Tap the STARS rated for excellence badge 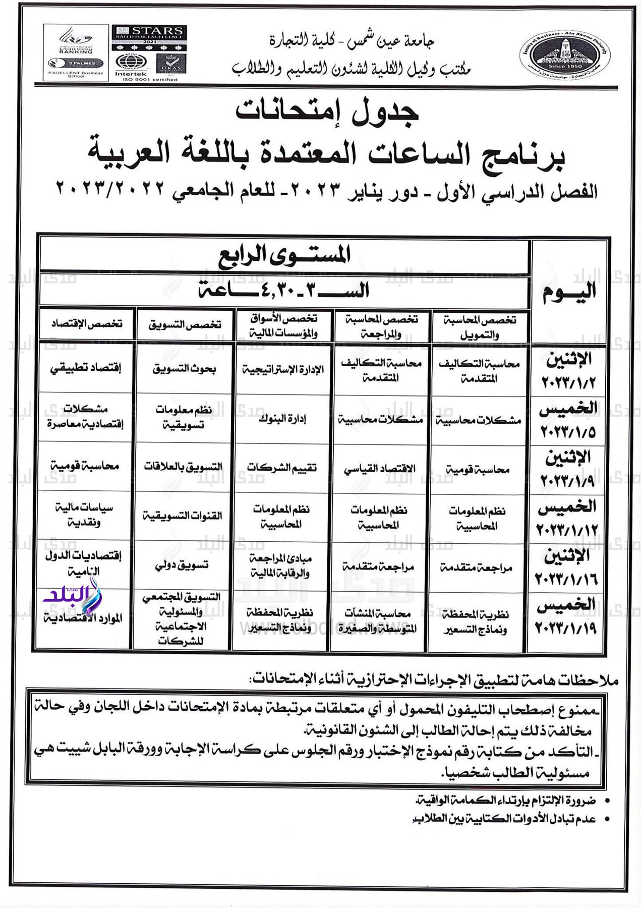tap(149, 37)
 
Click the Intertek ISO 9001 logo tap(131, 66)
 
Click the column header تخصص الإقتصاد tap(86, 324)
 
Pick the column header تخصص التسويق tap(185, 324)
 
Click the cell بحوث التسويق tap(184, 369)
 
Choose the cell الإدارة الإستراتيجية tap(283, 370)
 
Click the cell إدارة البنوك tap(282, 419)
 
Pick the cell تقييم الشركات tap(282, 468)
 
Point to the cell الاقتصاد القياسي tap(380, 469)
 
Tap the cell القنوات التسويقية tap(182, 516)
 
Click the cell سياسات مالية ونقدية tap(84, 515)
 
